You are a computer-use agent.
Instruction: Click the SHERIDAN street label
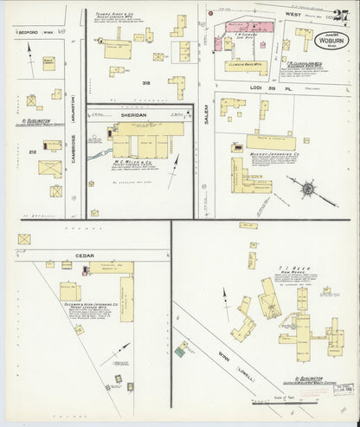pyautogui.click(x=139, y=113)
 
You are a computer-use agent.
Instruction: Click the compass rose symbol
pyautogui.click(x=306, y=187)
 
